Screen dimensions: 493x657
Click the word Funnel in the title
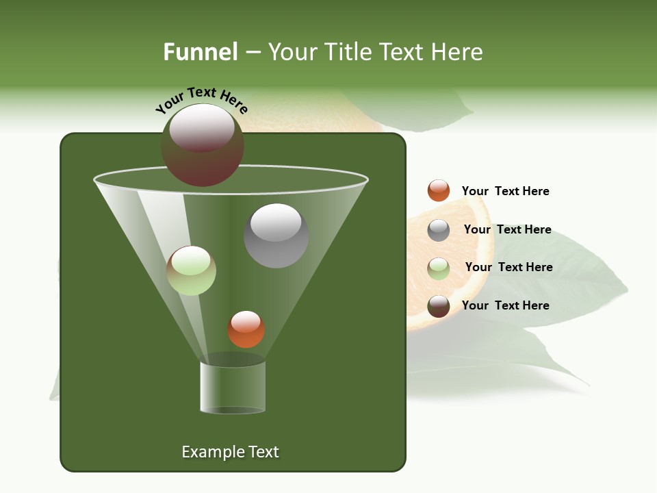tap(200, 52)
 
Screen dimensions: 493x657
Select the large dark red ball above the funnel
tap(202, 145)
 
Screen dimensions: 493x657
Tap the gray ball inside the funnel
tap(276, 236)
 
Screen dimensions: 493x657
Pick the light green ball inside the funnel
tap(192, 270)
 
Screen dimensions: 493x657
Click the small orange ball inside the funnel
tap(246, 329)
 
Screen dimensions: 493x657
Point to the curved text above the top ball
tap(202, 100)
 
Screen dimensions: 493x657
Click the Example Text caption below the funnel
tap(230, 452)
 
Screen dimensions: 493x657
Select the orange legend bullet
tap(439, 191)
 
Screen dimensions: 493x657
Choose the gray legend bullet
tap(439, 230)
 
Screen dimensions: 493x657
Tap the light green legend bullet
tap(439, 268)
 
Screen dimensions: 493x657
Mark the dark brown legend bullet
tap(439, 306)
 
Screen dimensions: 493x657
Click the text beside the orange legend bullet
tap(505, 191)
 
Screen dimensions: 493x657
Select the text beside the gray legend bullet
tap(507, 229)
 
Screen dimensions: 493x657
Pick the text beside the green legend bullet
tap(508, 267)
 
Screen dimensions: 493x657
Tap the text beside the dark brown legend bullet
tap(505, 305)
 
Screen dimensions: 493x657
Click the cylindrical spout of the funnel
tap(233, 387)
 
